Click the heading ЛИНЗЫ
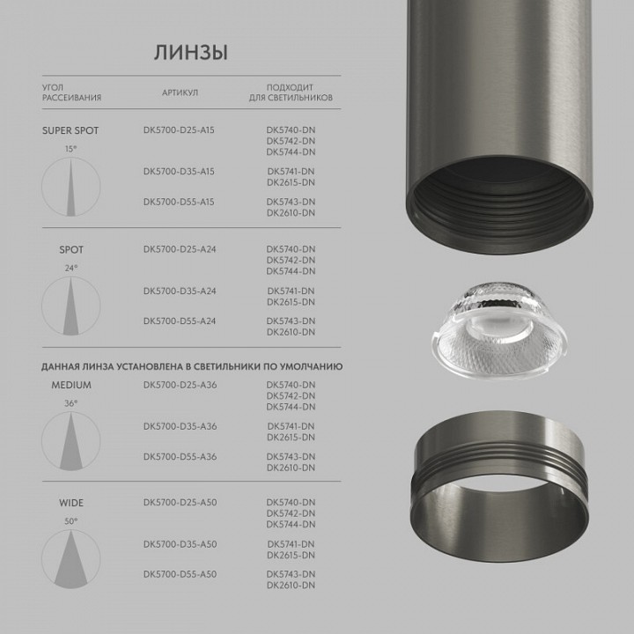click(x=191, y=52)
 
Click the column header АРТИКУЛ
click(x=180, y=92)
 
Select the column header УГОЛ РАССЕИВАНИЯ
click(x=71, y=92)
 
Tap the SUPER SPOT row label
click(x=70, y=130)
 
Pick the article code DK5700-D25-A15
click(x=179, y=130)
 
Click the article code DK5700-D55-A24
click(x=180, y=321)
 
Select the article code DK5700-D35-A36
click(x=180, y=426)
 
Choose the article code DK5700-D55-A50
click(x=180, y=574)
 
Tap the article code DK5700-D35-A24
click(x=180, y=291)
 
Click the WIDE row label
click(x=71, y=503)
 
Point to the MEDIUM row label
click(x=71, y=385)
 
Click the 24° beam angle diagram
click(x=71, y=305)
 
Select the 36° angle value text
click(x=71, y=402)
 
